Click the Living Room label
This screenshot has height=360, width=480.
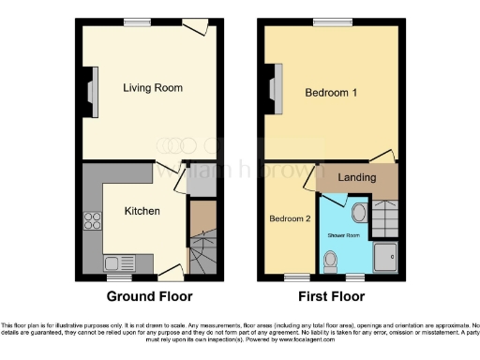click(x=152, y=88)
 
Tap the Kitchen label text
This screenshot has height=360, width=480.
click(x=142, y=211)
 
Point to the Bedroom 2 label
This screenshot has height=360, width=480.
click(x=290, y=219)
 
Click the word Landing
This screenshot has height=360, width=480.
click(x=357, y=177)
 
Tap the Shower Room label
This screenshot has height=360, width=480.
click(x=344, y=233)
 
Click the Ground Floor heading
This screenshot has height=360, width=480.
click(x=149, y=296)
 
